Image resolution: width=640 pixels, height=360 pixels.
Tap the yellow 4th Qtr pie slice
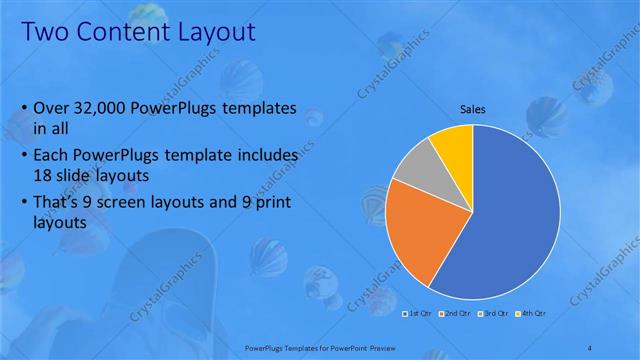pyautogui.click(x=453, y=144)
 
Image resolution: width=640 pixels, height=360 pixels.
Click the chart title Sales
pyautogui.click(x=473, y=109)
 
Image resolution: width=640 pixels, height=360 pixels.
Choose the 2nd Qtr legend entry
pyautogui.click(x=456, y=314)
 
